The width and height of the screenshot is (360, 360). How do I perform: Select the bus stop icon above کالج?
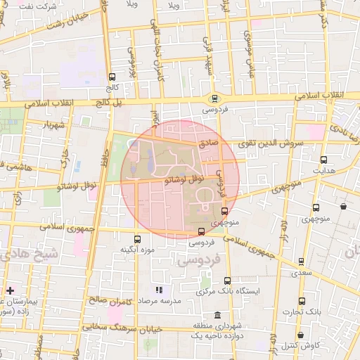coord(112,77)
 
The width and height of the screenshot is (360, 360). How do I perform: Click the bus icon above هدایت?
coord(323,160)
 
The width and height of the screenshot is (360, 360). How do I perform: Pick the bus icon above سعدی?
coord(303,261)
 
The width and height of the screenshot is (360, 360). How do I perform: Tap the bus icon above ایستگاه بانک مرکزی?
coord(227,281)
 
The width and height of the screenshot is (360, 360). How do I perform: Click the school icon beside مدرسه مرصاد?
coord(159,289)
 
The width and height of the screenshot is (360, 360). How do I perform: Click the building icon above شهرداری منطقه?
coord(217,314)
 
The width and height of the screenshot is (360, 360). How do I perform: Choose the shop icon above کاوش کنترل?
coord(301,335)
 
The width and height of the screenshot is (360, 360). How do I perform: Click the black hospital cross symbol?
coord(10,290)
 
